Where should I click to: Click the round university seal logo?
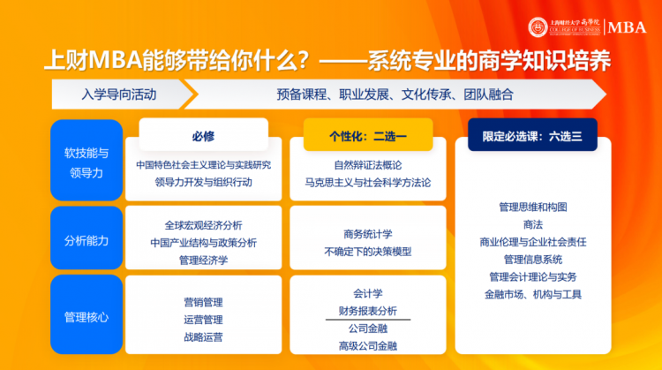pos(538,27)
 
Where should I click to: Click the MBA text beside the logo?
pos(627,27)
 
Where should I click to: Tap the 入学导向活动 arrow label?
pos(119,94)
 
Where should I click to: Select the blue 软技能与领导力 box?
pos(87,160)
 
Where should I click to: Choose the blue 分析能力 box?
pos(87,238)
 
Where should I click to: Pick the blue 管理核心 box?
pos(87,314)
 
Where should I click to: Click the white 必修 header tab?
pos(204,135)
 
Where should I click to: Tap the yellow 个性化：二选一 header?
pos(368,135)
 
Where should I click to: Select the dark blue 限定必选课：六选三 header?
pos(532,135)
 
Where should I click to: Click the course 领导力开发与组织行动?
pos(204,183)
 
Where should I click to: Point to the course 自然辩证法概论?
pos(368,165)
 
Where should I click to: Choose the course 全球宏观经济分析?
pos(204,225)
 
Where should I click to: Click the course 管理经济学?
pos(204,261)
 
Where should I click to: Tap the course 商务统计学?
pos(368,234)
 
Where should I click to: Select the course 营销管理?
pos(203,302)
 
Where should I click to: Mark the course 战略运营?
pos(203,337)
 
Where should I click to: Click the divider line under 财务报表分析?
pos(368,320)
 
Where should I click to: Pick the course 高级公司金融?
pos(368,346)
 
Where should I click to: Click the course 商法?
pos(533,224)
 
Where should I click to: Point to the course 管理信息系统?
pos(533,260)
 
